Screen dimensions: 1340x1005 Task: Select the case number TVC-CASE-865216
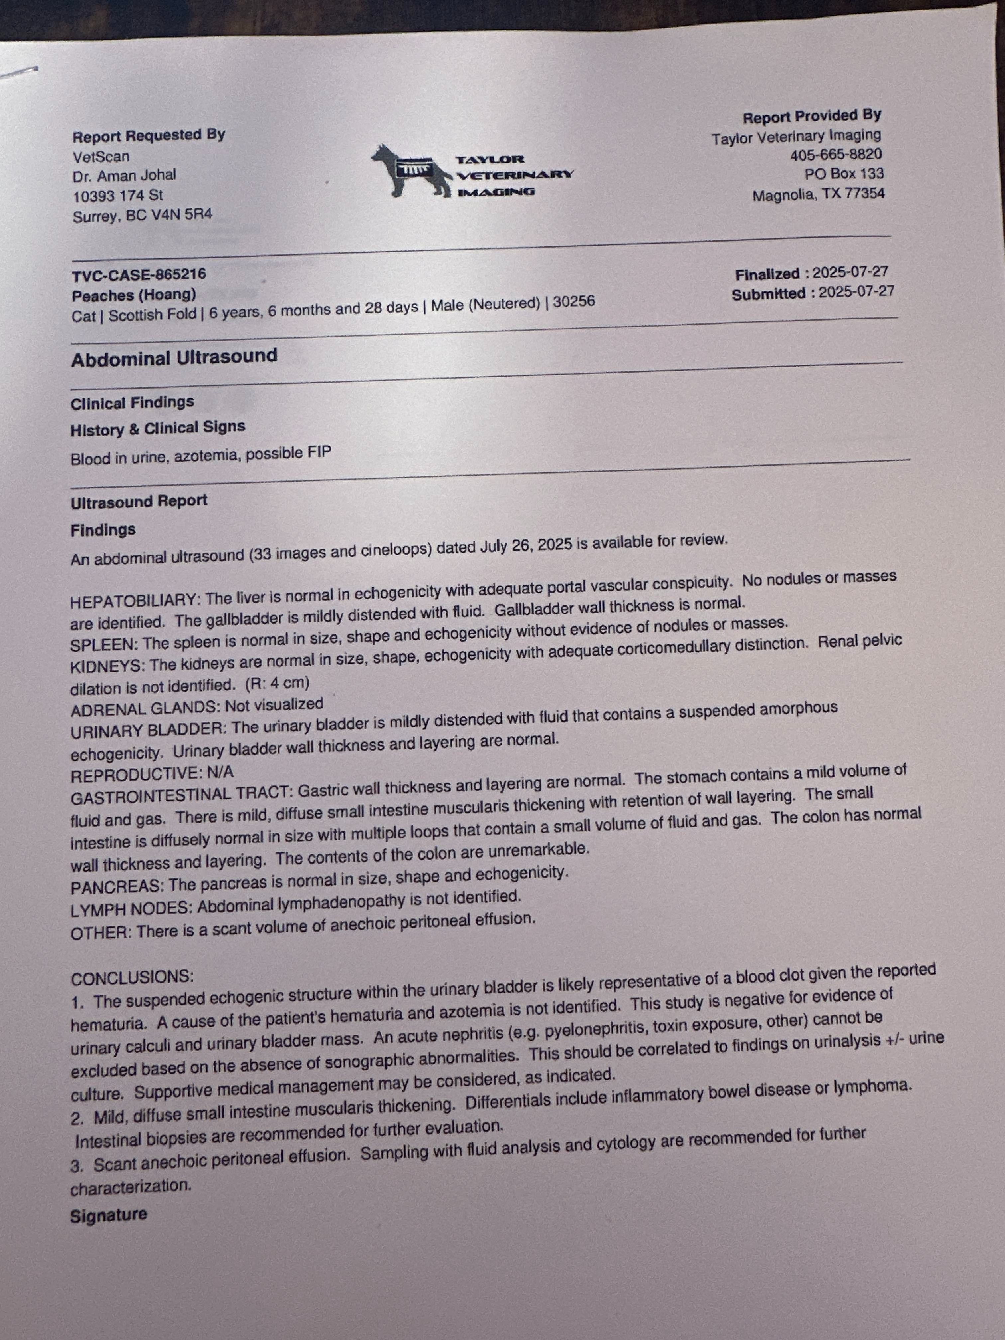(139, 275)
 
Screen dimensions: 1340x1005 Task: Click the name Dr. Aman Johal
(124, 176)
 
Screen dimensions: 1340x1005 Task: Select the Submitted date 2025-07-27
(856, 292)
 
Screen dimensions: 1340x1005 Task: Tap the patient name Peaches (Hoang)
(134, 296)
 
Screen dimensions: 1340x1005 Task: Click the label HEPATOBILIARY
(133, 602)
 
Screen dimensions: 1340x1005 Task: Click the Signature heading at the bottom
(108, 1216)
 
